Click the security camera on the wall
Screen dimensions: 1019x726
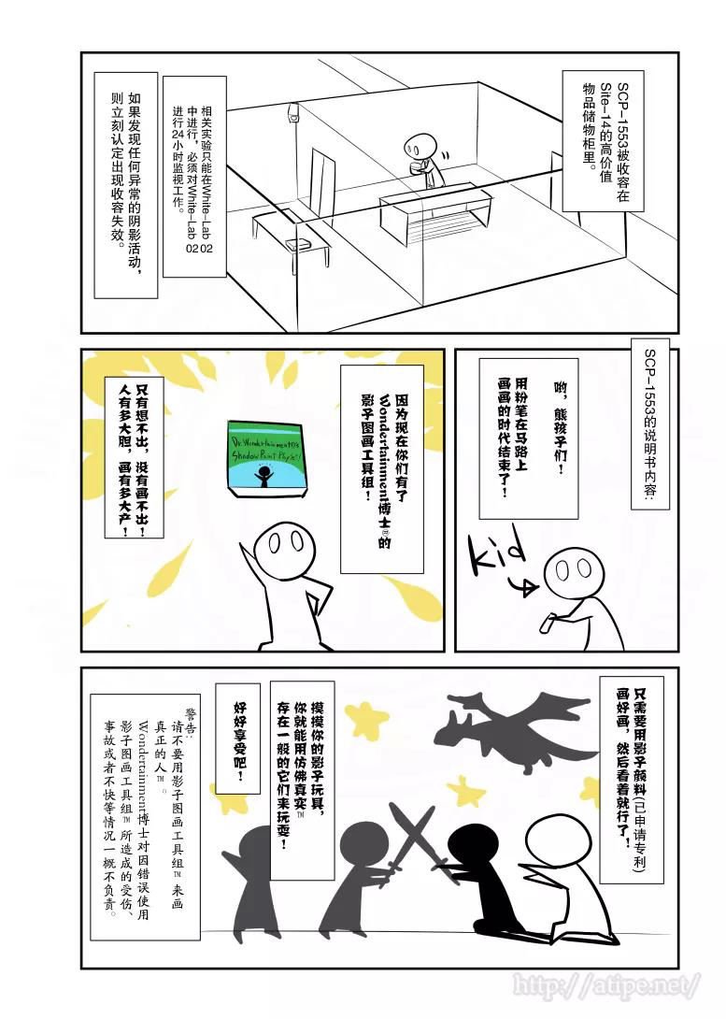(292, 115)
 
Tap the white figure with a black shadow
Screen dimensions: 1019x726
(555, 874)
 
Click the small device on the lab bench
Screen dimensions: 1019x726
(297, 244)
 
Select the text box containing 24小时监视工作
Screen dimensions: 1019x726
(194, 178)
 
